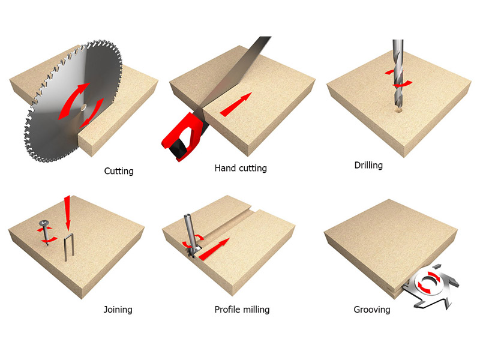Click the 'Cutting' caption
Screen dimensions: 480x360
point(119,171)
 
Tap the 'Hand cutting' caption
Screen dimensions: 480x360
point(241,168)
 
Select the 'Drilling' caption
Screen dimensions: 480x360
point(368,166)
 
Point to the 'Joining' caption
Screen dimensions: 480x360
point(118,310)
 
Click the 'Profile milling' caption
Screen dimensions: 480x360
point(242,310)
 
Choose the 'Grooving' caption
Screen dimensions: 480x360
point(372,310)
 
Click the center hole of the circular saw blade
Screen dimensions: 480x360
point(83,107)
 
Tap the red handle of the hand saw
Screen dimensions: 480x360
point(184,134)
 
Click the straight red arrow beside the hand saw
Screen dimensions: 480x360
point(236,104)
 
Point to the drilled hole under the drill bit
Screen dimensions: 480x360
point(398,109)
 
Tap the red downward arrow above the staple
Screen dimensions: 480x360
point(67,213)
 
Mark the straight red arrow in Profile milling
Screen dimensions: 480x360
point(214,249)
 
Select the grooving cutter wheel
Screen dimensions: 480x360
point(430,286)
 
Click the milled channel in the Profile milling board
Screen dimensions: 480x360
point(227,224)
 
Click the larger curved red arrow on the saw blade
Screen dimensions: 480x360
point(73,100)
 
